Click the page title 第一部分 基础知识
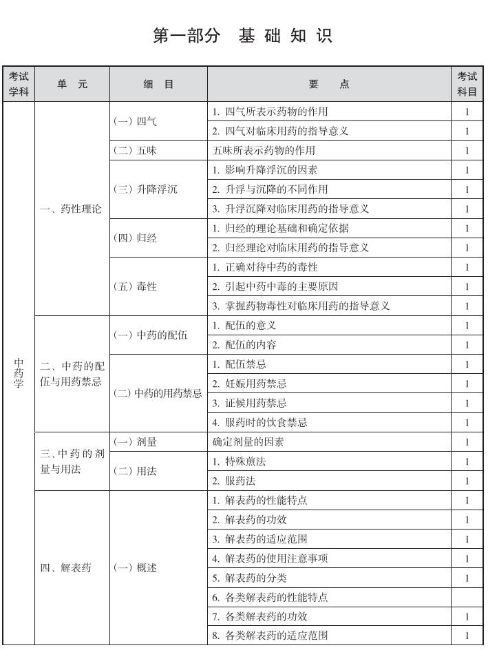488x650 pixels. (x=243, y=36)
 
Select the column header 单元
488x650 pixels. (x=72, y=85)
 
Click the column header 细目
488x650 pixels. (x=158, y=85)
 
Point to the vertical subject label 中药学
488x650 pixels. (x=19, y=373)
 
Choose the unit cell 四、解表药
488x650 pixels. (x=66, y=568)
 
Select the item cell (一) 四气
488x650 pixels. (x=135, y=121)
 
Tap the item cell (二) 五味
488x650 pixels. (x=135, y=151)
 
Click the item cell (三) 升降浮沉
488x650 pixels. (x=145, y=189)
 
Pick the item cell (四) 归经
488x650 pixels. (x=135, y=238)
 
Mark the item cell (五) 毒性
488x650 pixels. (x=135, y=286)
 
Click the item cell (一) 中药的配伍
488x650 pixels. (x=150, y=335)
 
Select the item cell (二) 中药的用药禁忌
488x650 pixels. (x=158, y=394)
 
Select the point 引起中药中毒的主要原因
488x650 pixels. (x=281, y=286)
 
